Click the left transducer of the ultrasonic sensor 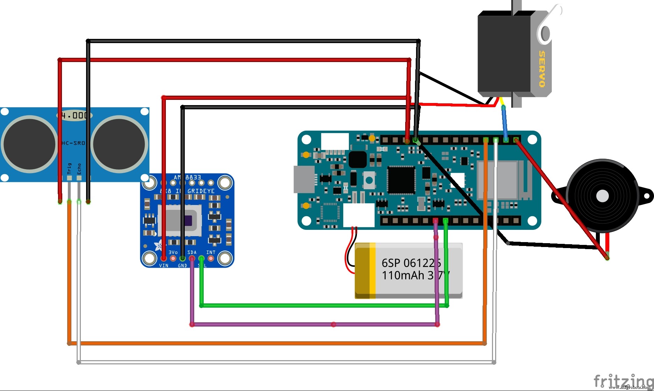[x=30, y=144]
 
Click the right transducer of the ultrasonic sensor [x=119, y=144]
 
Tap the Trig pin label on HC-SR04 [x=69, y=168]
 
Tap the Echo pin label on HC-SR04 [x=79, y=169]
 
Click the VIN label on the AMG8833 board [x=163, y=266]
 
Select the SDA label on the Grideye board [x=192, y=252]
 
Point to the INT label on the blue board [x=211, y=252]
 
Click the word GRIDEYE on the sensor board [x=201, y=191]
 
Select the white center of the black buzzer [x=602, y=196]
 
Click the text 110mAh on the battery [x=403, y=275]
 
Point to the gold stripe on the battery [x=365, y=270]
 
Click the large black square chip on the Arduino [x=401, y=180]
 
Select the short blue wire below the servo [x=504, y=123]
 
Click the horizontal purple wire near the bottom [x=315, y=325]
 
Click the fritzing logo [x=623, y=380]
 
